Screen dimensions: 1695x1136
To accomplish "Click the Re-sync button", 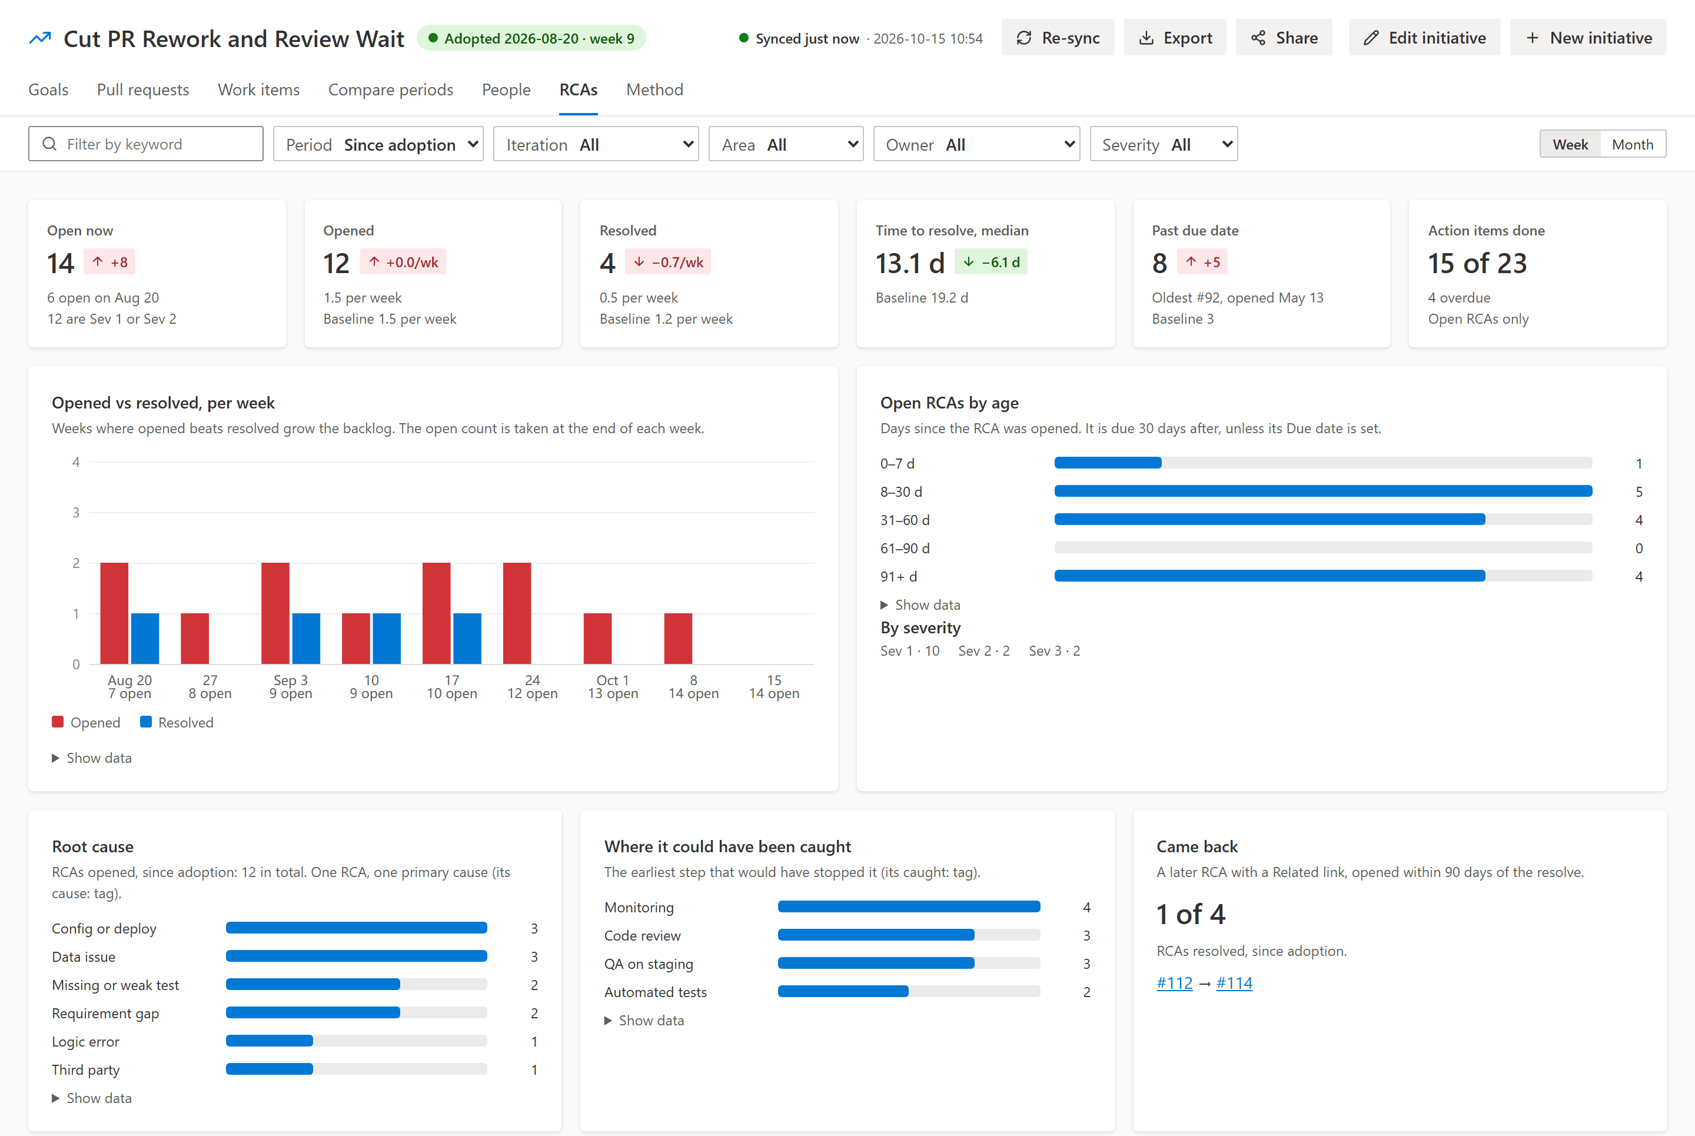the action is coord(1058,38).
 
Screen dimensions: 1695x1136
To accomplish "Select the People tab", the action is coord(506,90).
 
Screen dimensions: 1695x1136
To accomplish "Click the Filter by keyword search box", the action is coord(145,144).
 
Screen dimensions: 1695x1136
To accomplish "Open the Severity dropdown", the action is coord(1164,144).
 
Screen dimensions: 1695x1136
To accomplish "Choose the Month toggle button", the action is coord(1632,144).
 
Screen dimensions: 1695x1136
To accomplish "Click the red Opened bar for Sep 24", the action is coord(517,613).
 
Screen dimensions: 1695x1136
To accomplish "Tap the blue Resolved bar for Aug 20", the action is coord(145,638).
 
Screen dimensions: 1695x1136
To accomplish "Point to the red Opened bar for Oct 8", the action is coord(678,638).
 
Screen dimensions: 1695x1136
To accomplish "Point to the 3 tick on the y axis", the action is coord(76,513).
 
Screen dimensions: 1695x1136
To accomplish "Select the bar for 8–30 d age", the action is coord(1322,491).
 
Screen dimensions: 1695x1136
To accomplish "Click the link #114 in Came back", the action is coord(1234,983).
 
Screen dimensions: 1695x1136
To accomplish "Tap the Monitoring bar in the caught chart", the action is coord(909,907).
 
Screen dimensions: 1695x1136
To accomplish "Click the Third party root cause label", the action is coord(85,1070).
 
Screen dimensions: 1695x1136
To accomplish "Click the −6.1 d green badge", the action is coord(991,263).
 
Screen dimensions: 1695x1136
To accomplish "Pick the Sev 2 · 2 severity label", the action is coord(983,650).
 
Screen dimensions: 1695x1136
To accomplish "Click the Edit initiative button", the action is coord(1424,38).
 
